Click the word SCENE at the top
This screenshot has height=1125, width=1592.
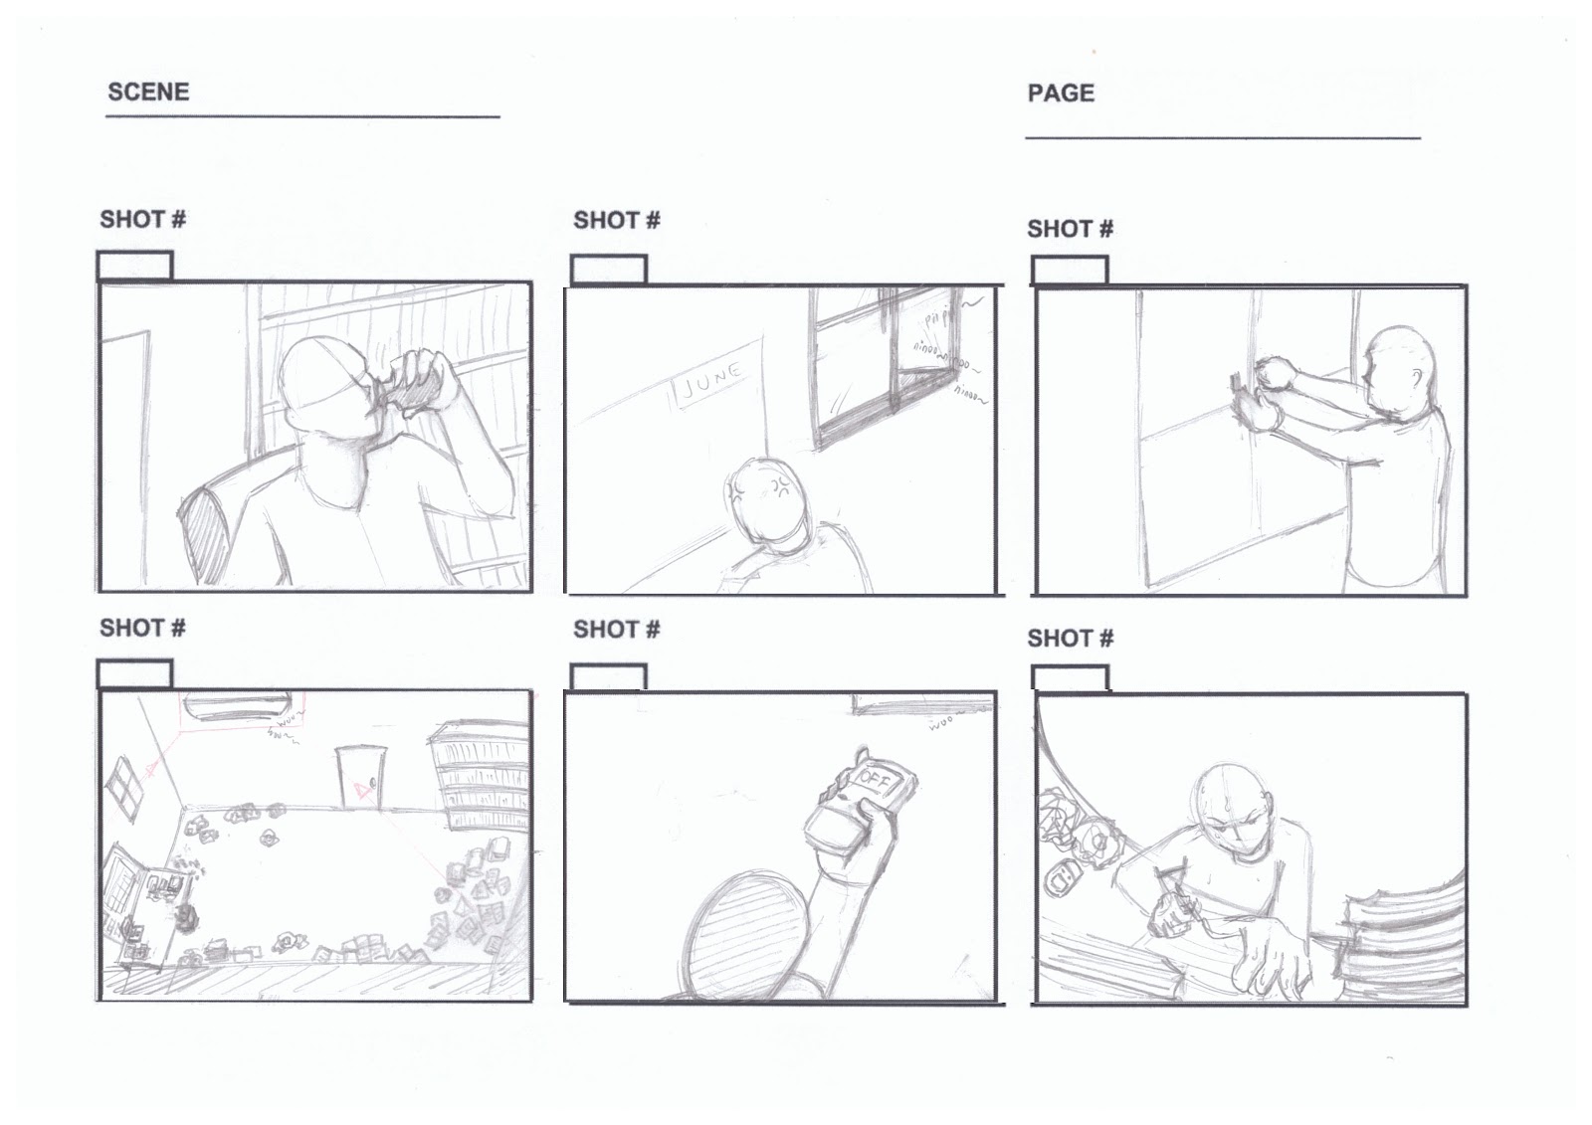click(147, 92)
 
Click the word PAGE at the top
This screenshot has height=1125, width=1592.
click(1060, 94)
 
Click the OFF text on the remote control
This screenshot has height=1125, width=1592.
click(877, 776)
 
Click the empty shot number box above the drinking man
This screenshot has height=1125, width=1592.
click(134, 267)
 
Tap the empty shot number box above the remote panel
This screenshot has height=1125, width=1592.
click(608, 676)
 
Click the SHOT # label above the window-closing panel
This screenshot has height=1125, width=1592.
click(1070, 229)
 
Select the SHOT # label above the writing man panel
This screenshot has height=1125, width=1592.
click(1070, 638)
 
